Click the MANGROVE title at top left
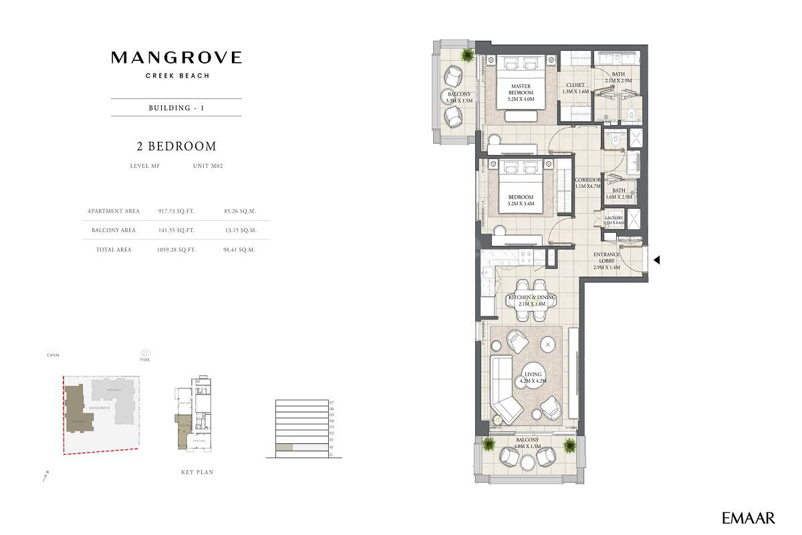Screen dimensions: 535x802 point(176,58)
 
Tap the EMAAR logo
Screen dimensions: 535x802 point(749,518)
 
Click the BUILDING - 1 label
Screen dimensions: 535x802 point(176,108)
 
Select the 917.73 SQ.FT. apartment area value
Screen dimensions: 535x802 point(176,211)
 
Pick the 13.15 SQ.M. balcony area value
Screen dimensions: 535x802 point(241,230)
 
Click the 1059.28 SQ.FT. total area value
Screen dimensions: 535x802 point(176,249)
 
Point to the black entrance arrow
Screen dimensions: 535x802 point(656,260)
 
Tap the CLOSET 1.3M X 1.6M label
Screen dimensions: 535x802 point(575,88)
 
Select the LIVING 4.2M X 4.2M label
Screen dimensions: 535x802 point(533,378)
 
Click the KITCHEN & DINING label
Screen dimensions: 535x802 point(532,300)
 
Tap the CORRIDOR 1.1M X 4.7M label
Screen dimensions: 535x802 point(588,183)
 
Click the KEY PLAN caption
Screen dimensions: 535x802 point(197,472)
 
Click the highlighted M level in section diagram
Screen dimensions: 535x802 point(285,447)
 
